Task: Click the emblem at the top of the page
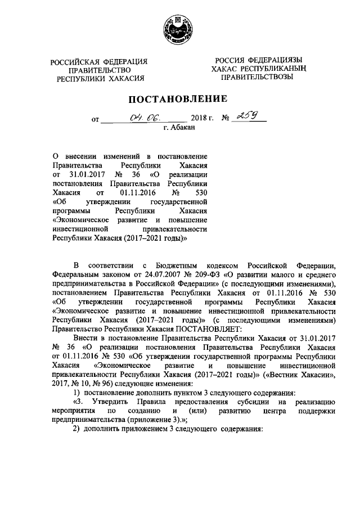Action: coord(178,29)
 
